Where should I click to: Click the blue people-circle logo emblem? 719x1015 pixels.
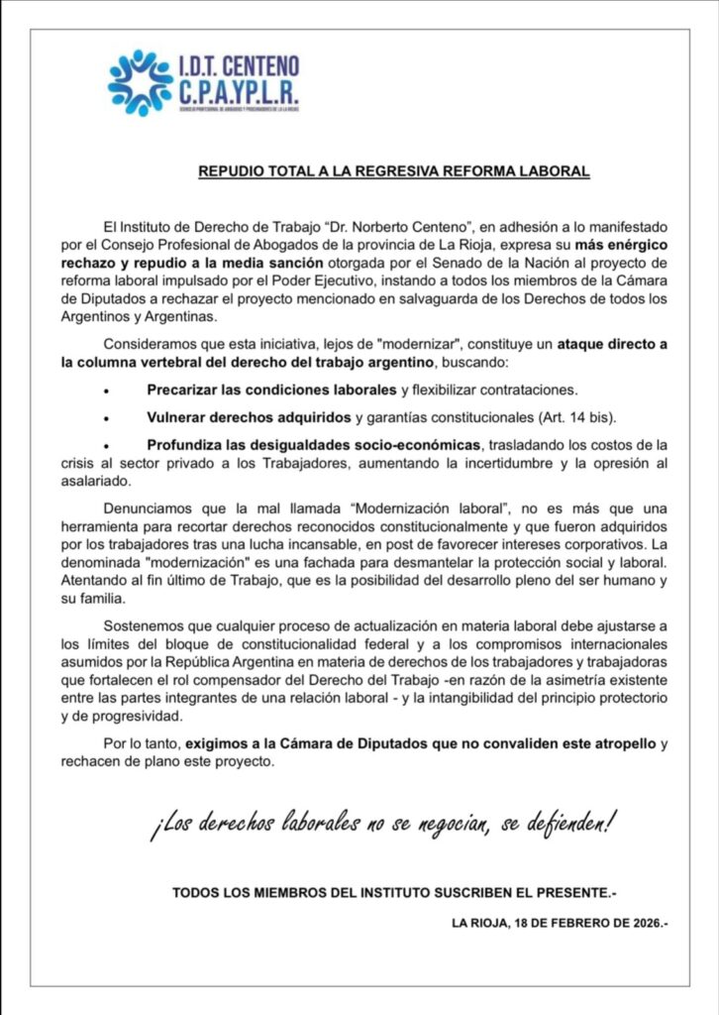point(140,83)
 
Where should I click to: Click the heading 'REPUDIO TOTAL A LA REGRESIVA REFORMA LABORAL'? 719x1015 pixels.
point(394,171)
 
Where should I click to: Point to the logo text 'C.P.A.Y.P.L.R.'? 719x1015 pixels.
point(239,95)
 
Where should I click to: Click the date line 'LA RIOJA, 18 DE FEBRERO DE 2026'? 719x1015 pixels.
point(560,922)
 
